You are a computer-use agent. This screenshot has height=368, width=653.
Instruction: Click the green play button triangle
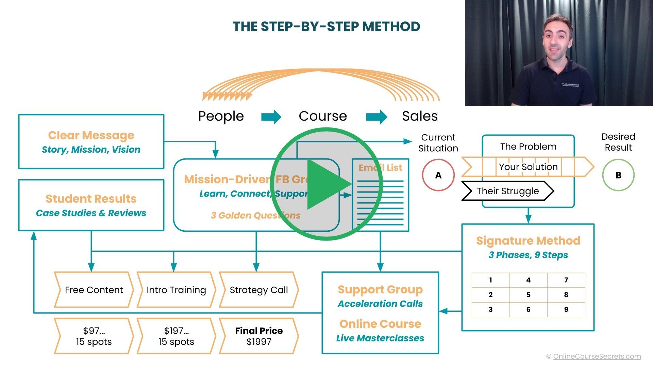[326, 184]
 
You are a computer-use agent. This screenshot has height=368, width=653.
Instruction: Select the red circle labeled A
[438, 175]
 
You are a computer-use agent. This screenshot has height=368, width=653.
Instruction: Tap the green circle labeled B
[618, 175]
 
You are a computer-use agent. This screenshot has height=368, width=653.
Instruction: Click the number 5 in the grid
[528, 295]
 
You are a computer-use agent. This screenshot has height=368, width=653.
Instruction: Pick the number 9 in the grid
[566, 309]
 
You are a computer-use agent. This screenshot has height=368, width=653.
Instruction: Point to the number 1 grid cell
[490, 280]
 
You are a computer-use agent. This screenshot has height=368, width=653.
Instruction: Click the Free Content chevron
[94, 290]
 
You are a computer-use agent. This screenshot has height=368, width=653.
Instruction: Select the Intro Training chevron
[176, 290]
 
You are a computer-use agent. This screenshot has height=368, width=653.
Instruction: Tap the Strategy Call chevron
[259, 290]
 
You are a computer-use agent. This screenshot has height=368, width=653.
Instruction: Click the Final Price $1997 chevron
[259, 336]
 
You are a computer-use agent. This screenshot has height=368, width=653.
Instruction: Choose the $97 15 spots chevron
[94, 336]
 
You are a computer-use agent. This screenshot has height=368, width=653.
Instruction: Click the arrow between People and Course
[271, 117]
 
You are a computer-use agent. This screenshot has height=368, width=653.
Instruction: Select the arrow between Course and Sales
[376, 117]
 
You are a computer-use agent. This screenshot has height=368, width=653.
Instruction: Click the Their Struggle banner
[507, 191]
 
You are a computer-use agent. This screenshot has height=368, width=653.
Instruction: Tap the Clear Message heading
[91, 135]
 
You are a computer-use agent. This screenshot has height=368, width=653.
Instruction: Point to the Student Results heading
[91, 199]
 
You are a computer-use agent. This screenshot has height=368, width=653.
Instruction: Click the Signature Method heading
[528, 241]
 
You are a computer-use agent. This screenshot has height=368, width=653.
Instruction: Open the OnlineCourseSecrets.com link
[597, 356]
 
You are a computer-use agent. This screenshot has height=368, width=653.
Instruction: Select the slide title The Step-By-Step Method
[326, 27]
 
